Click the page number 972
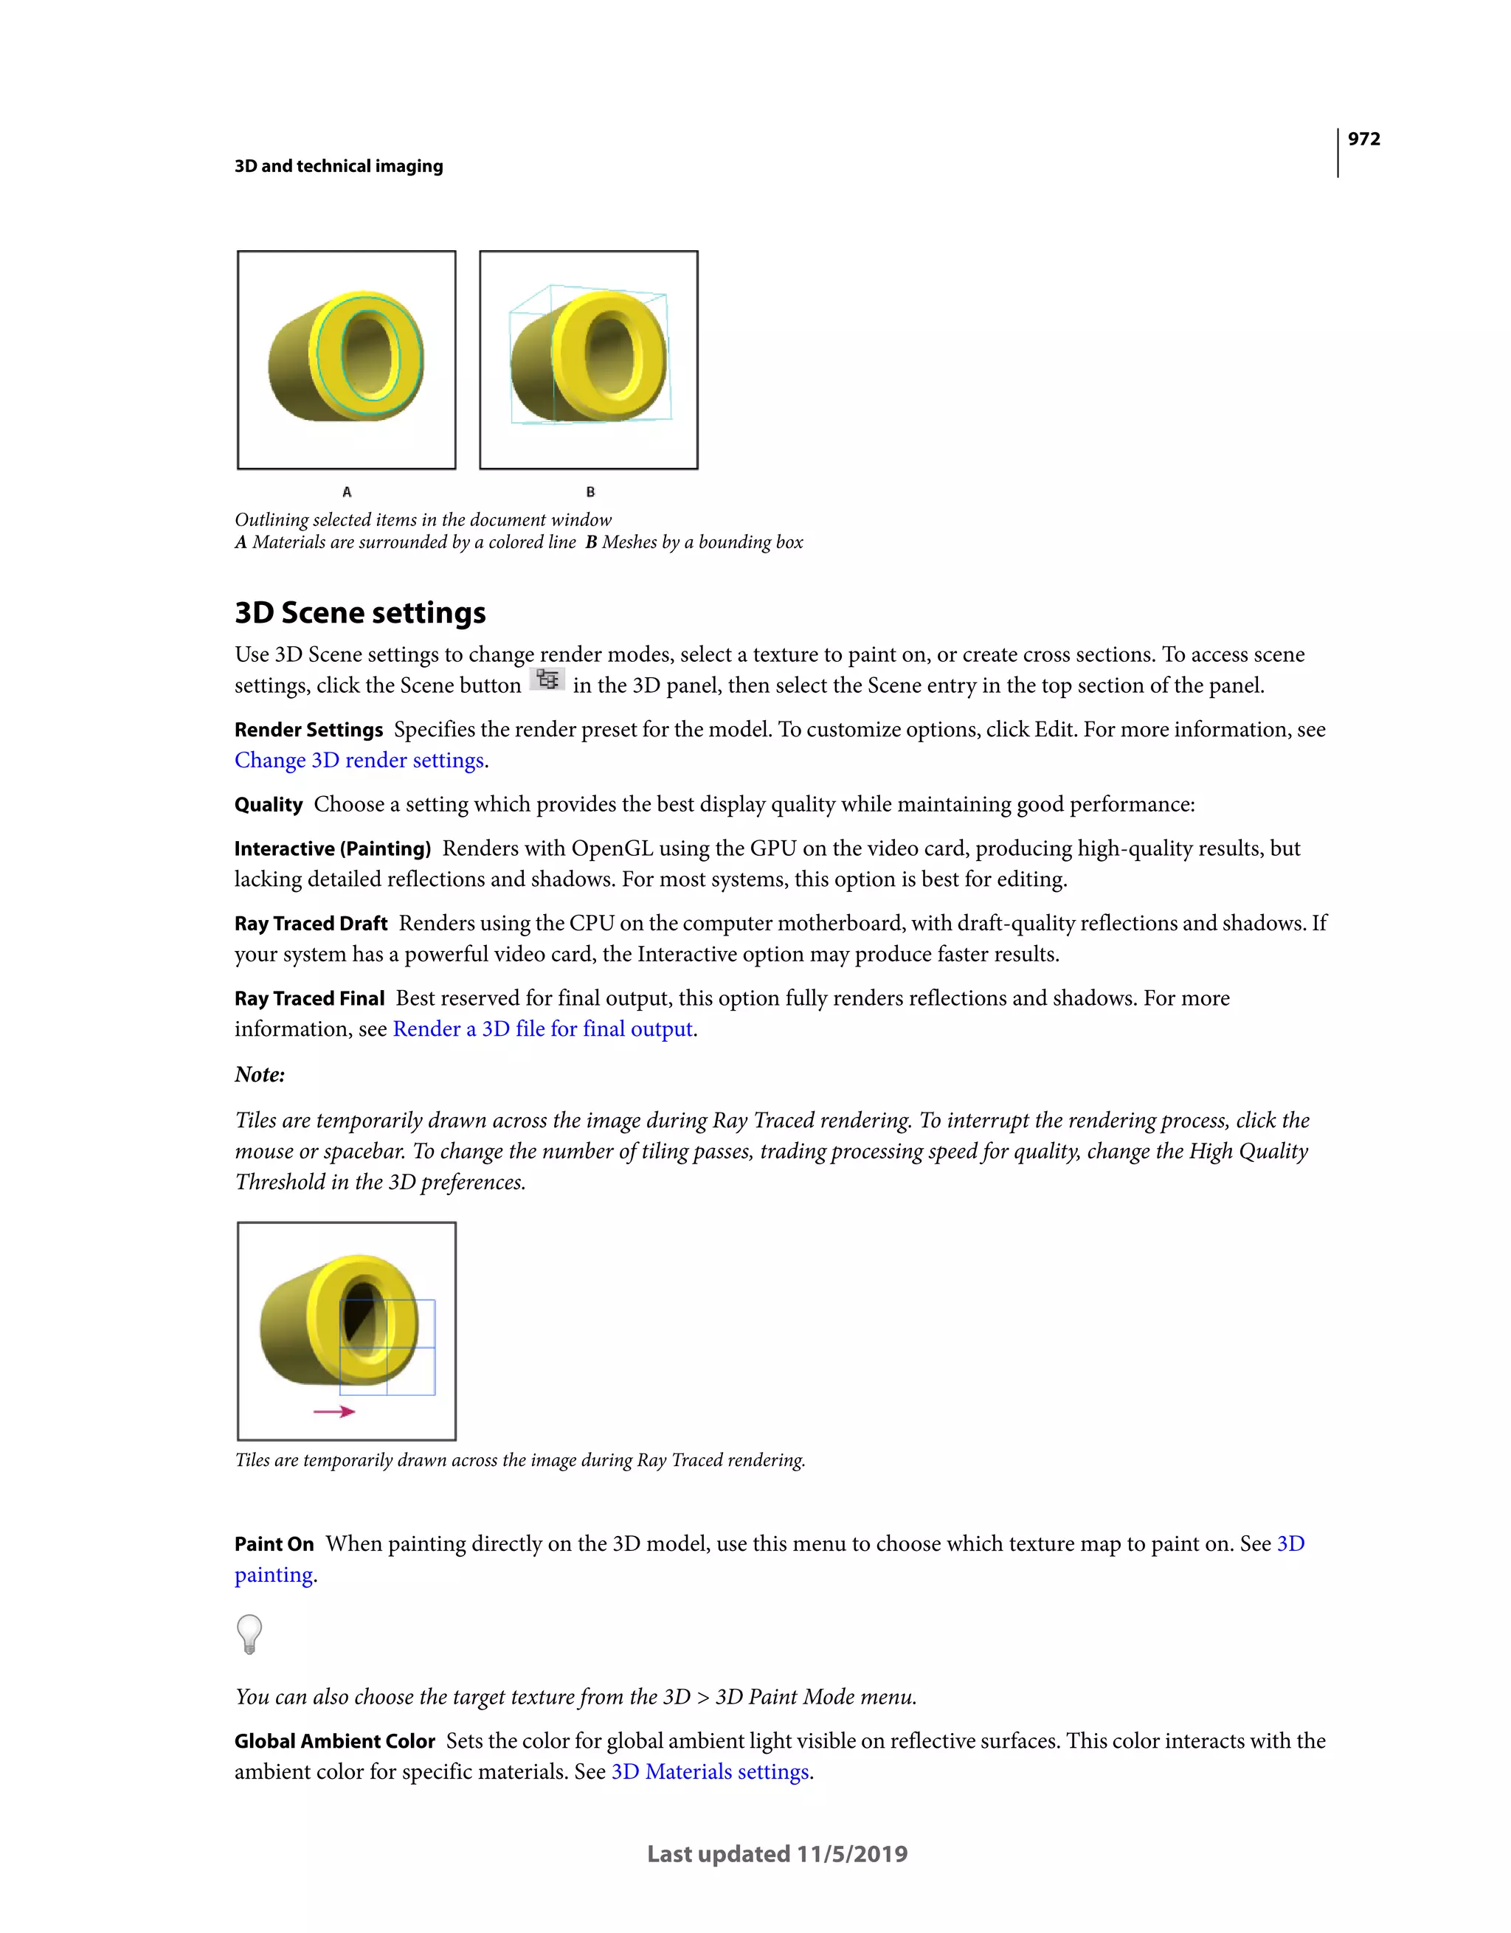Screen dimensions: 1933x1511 coord(1363,139)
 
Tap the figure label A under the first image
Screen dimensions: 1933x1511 coord(347,492)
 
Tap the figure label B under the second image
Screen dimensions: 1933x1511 coord(590,492)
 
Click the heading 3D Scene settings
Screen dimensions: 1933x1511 coord(359,612)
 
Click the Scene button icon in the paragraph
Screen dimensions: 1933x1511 coord(547,680)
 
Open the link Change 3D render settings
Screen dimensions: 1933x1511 coord(359,760)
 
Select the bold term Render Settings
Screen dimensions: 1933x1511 coord(308,730)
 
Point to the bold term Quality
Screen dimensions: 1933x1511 coord(269,804)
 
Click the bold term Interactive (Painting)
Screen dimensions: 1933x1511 coord(332,848)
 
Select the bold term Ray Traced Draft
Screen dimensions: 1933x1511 coord(311,924)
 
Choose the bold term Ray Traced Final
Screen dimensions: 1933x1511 coord(309,999)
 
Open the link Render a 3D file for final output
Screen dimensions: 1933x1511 coord(542,1029)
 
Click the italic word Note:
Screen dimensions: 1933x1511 coord(260,1074)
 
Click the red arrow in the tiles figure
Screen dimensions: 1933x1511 coord(335,1411)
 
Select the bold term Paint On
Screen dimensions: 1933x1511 coord(274,1544)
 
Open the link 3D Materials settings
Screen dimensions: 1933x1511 coord(710,1772)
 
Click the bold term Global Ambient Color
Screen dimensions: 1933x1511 coord(335,1742)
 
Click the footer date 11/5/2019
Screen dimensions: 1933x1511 coord(851,1854)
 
